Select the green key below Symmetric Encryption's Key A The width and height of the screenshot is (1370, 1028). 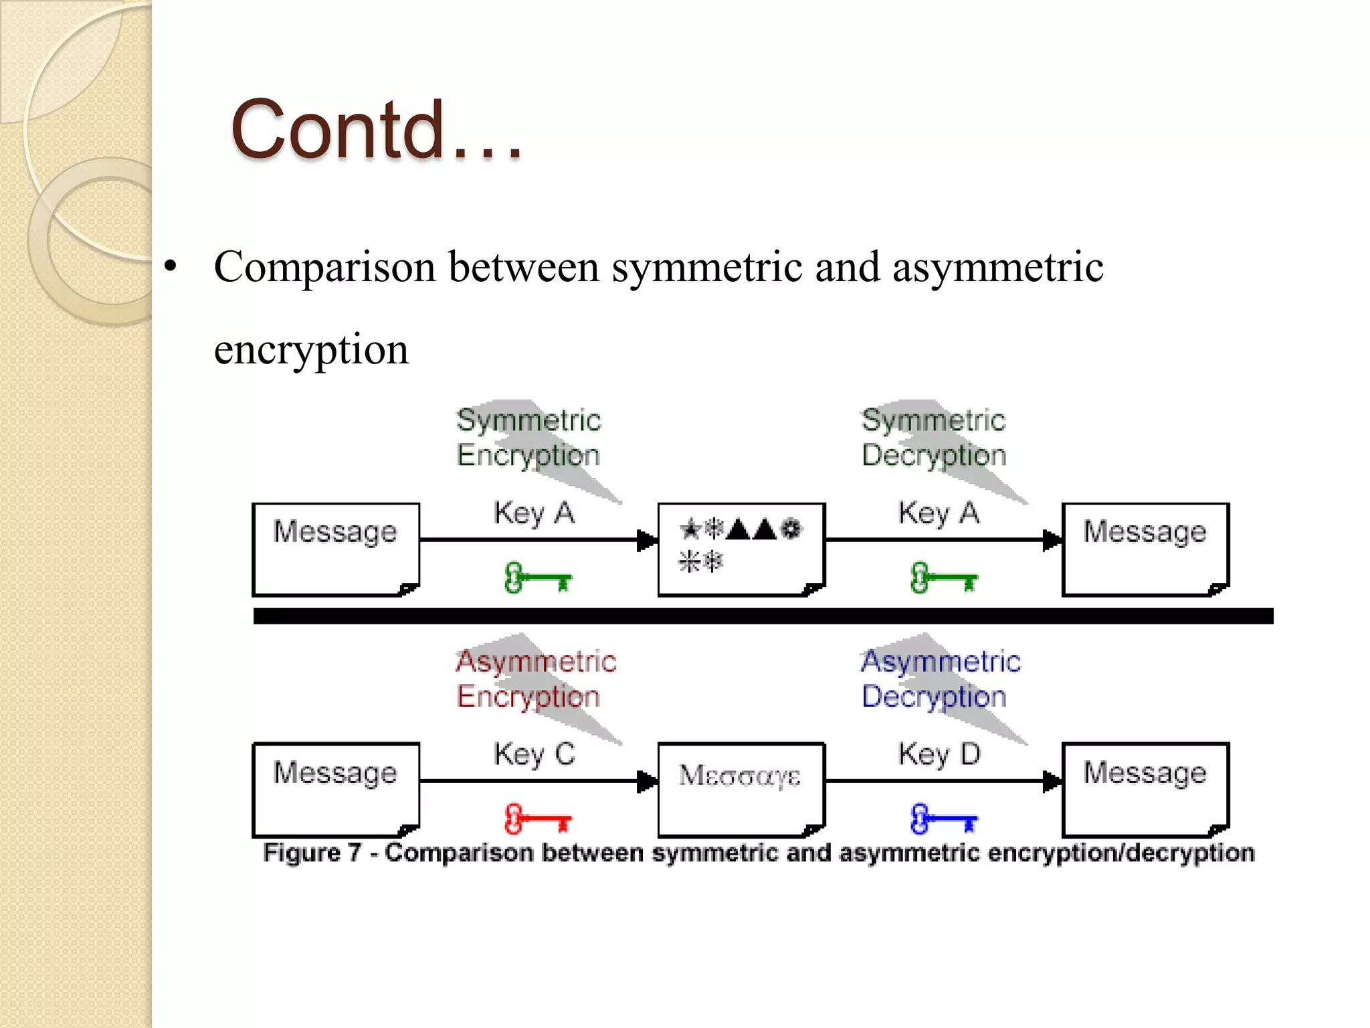(537, 578)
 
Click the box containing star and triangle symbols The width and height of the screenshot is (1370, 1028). (741, 549)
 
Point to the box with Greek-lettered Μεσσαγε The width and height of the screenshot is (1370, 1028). (741, 788)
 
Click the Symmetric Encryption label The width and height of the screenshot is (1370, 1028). (528, 438)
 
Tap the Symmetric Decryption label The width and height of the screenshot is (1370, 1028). (934, 438)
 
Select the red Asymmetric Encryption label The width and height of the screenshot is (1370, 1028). (535, 679)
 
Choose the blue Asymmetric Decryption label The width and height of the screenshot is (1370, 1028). (940, 679)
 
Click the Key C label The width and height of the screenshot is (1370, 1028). (534, 754)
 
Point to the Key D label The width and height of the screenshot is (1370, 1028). (939, 754)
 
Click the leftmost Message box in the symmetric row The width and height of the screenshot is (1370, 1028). (336, 549)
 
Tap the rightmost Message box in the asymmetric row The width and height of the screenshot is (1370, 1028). (1145, 788)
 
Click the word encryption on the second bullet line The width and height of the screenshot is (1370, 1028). (311, 349)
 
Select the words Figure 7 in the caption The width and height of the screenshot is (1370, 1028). (312, 853)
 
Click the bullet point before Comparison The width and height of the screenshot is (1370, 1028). (171, 266)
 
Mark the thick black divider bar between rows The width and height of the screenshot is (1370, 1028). (763, 616)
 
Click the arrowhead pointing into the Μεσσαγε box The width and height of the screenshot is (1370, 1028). (647, 781)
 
